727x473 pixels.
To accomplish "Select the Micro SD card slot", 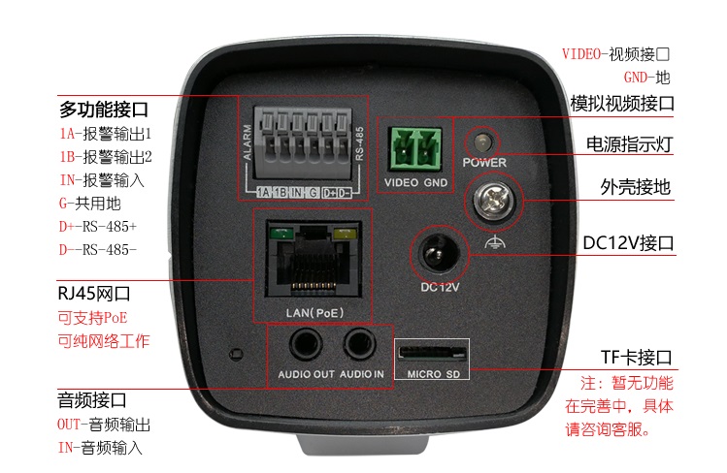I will [x=430, y=350].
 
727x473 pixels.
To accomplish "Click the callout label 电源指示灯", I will [x=630, y=145].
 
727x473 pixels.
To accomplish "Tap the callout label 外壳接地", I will [x=637, y=188].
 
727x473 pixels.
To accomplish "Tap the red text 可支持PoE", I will [x=92, y=318].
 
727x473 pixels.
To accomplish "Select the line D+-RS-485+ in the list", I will [x=98, y=227].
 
